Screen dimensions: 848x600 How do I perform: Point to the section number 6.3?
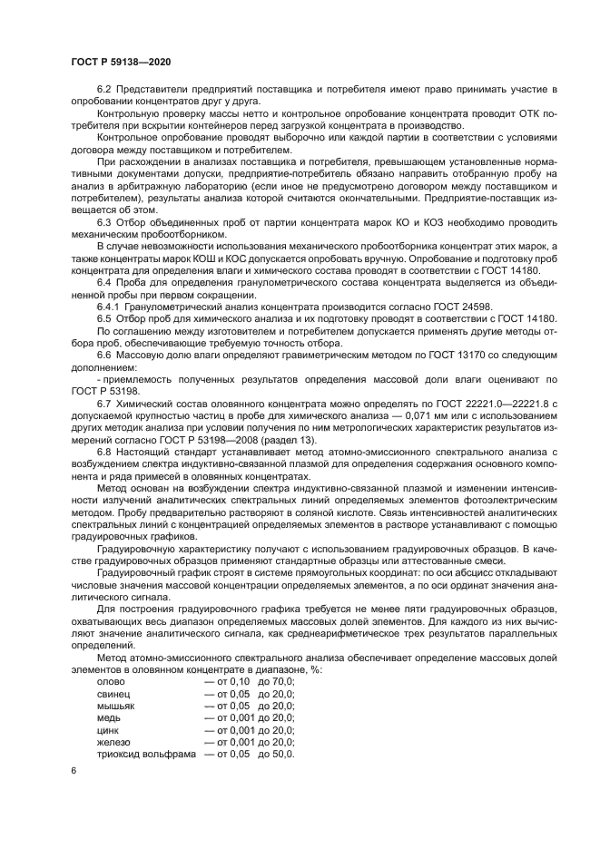pos(103,221)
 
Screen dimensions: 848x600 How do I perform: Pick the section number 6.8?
pos(103,451)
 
